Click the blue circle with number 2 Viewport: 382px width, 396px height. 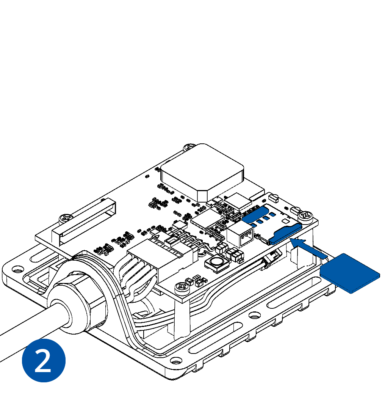click(44, 360)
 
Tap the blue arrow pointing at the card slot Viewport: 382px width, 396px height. click(308, 248)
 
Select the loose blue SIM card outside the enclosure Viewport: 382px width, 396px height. click(350, 273)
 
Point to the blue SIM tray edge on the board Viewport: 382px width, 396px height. click(285, 234)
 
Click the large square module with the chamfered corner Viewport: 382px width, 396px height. click(202, 173)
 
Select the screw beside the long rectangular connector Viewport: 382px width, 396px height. click(66, 218)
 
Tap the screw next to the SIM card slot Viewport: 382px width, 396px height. click(305, 216)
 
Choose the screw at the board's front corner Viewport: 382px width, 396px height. click(182, 288)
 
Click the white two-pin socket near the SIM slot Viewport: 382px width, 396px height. click(240, 235)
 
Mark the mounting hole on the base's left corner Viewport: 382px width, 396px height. click(17, 269)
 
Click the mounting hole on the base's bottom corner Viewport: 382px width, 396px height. click(176, 360)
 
